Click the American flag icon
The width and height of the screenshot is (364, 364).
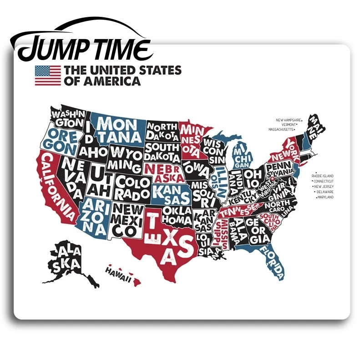[x=48, y=76]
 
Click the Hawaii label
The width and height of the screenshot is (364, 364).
[x=118, y=272]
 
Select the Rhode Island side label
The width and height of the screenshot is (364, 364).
[x=322, y=176]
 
